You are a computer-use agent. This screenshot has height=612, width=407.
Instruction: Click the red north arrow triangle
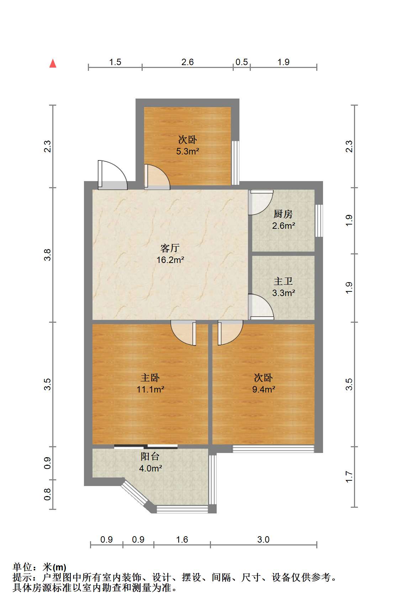click(x=53, y=63)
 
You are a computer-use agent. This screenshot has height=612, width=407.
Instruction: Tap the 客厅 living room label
click(x=170, y=248)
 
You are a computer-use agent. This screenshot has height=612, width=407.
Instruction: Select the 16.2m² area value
click(x=170, y=260)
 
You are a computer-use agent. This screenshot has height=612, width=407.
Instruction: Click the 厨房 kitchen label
click(x=283, y=214)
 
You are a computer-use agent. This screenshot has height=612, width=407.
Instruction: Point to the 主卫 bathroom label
click(x=283, y=281)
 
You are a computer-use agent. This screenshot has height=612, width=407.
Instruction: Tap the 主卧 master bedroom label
click(x=150, y=378)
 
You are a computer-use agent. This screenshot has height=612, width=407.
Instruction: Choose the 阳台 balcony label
click(x=150, y=457)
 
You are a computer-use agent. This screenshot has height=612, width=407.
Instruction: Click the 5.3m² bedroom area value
click(x=187, y=152)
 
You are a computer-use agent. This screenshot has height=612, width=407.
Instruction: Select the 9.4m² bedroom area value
click(x=264, y=389)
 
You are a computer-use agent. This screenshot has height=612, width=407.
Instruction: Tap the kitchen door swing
click(x=260, y=202)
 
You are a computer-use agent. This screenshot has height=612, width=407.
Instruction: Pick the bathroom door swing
click(x=261, y=306)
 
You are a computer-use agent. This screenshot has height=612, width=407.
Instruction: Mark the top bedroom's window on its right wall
click(x=235, y=163)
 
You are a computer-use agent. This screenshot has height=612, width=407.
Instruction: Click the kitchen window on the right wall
click(x=319, y=221)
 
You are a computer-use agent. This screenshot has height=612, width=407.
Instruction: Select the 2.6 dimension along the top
click(x=187, y=62)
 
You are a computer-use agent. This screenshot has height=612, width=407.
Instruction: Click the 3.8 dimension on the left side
click(x=48, y=255)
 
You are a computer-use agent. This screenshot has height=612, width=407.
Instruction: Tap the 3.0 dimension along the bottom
click(x=263, y=540)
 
